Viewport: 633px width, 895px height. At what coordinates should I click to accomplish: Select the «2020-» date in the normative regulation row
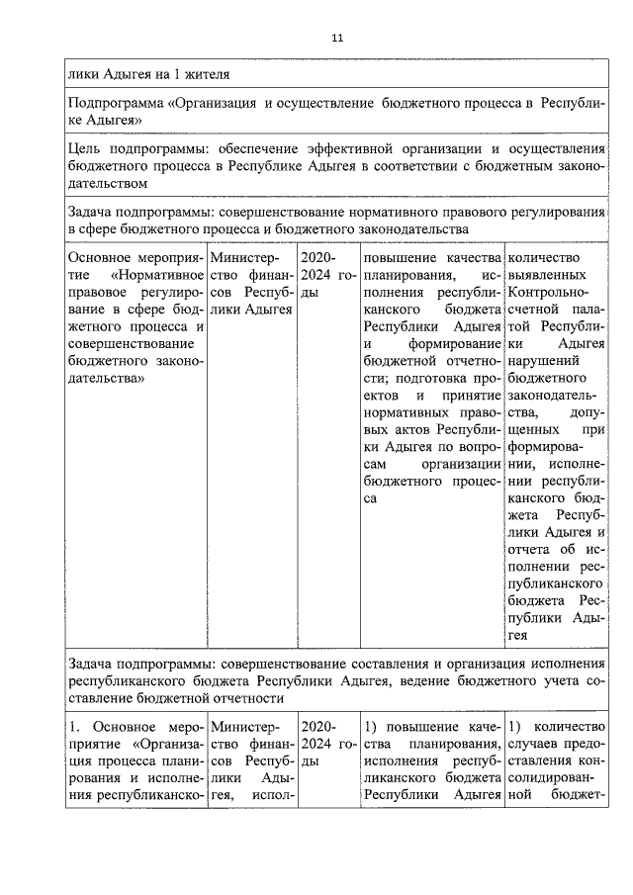pos(318,259)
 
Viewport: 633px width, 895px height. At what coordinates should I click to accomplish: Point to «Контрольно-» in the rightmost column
pos(549,295)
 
